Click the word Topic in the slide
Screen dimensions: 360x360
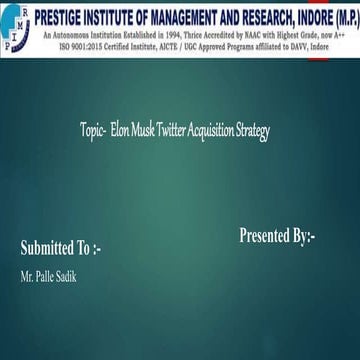point(94,131)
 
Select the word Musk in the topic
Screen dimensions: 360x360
point(146,131)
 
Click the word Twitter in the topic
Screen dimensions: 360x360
point(176,131)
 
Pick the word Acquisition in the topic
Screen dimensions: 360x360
point(216,131)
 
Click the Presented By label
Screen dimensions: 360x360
point(277,236)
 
